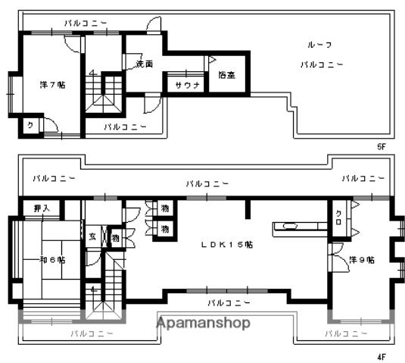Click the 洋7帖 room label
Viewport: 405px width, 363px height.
pos(51,85)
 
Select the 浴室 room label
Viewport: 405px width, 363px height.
pos(226,74)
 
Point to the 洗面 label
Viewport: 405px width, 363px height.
pos(145,64)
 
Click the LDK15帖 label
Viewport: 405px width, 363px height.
pos(226,245)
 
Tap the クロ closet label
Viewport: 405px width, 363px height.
pos(338,217)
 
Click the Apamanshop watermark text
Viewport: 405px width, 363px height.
pos(203,324)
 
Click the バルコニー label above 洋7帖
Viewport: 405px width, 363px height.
pos(85,24)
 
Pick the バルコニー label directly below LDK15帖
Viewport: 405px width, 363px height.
pos(228,302)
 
